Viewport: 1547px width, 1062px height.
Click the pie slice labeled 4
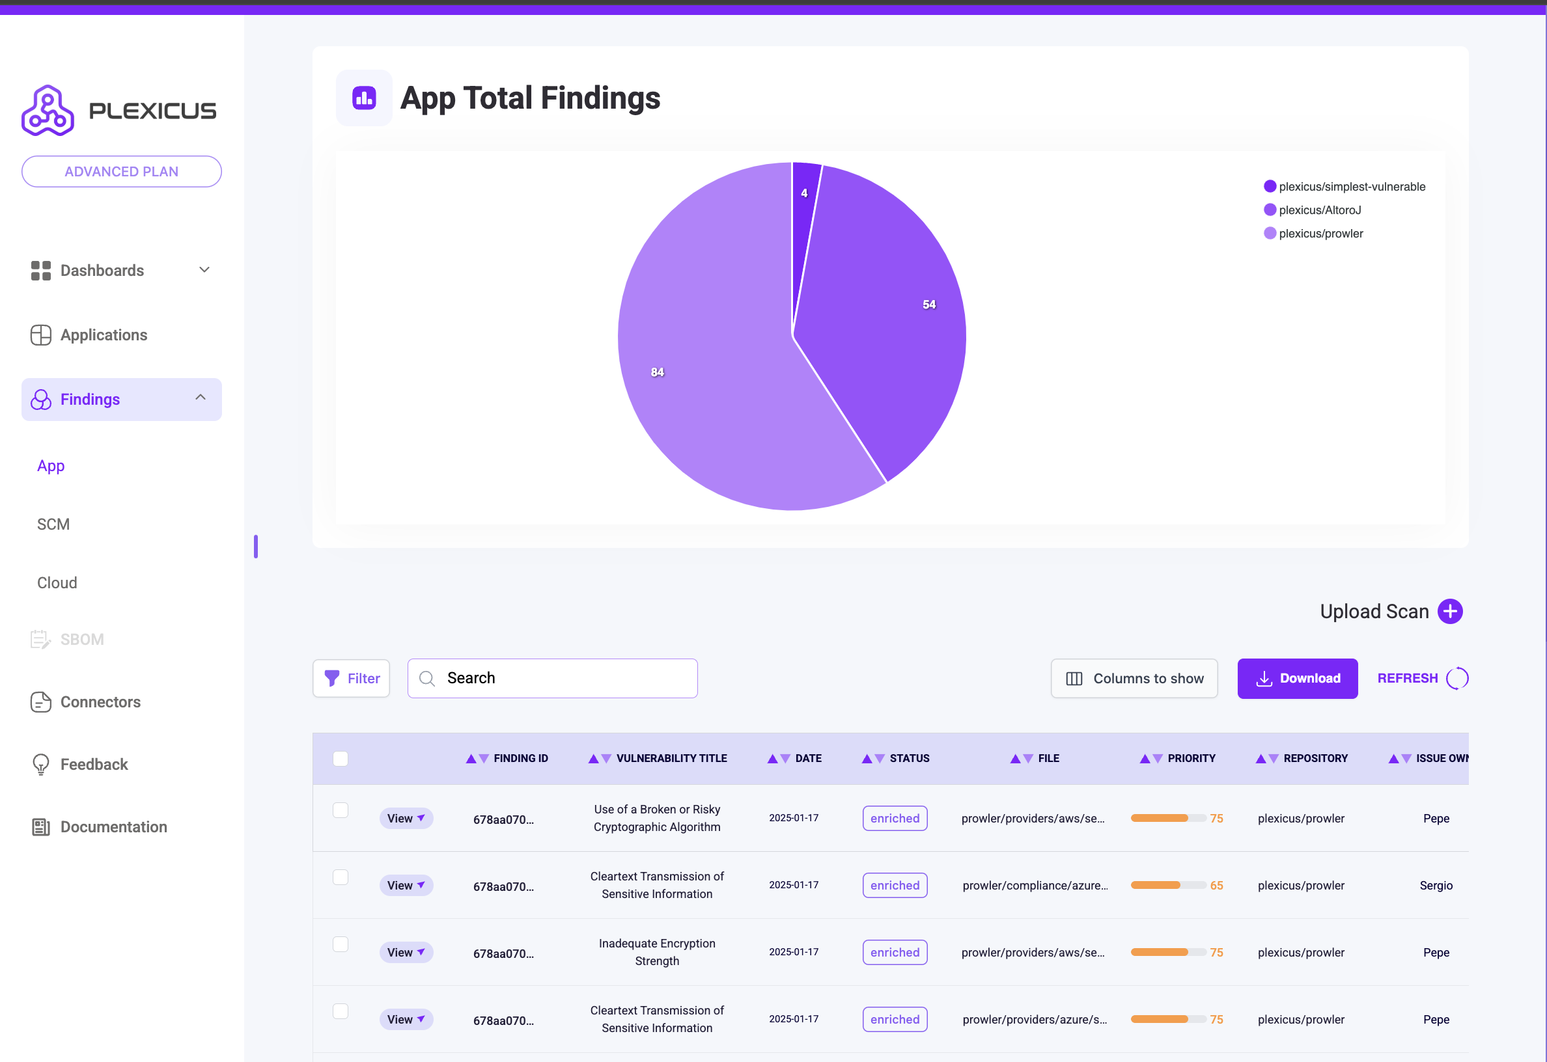(x=804, y=200)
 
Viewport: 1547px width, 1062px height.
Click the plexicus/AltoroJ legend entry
(x=1318, y=210)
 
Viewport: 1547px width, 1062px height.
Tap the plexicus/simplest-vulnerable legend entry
(x=1350, y=187)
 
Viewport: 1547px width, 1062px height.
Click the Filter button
(x=352, y=678)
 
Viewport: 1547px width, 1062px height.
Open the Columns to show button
(x=1134, y=678)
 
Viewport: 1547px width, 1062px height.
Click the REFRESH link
(x=1407, y=678)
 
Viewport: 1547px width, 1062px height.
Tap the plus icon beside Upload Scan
(x=1450, y=612)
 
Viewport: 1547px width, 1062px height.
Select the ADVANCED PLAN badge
(x=121, y=172)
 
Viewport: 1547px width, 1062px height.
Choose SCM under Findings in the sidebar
(x=53, y=524)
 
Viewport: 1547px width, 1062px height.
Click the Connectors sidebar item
(x=100, y=702)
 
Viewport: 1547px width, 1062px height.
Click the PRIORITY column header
(x=1191, y=759)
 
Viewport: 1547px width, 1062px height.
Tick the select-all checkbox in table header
(x=340, y=759)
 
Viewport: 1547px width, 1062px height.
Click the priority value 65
(x=1216, y=886)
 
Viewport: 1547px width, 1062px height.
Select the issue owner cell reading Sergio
(x=1436, y=886)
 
